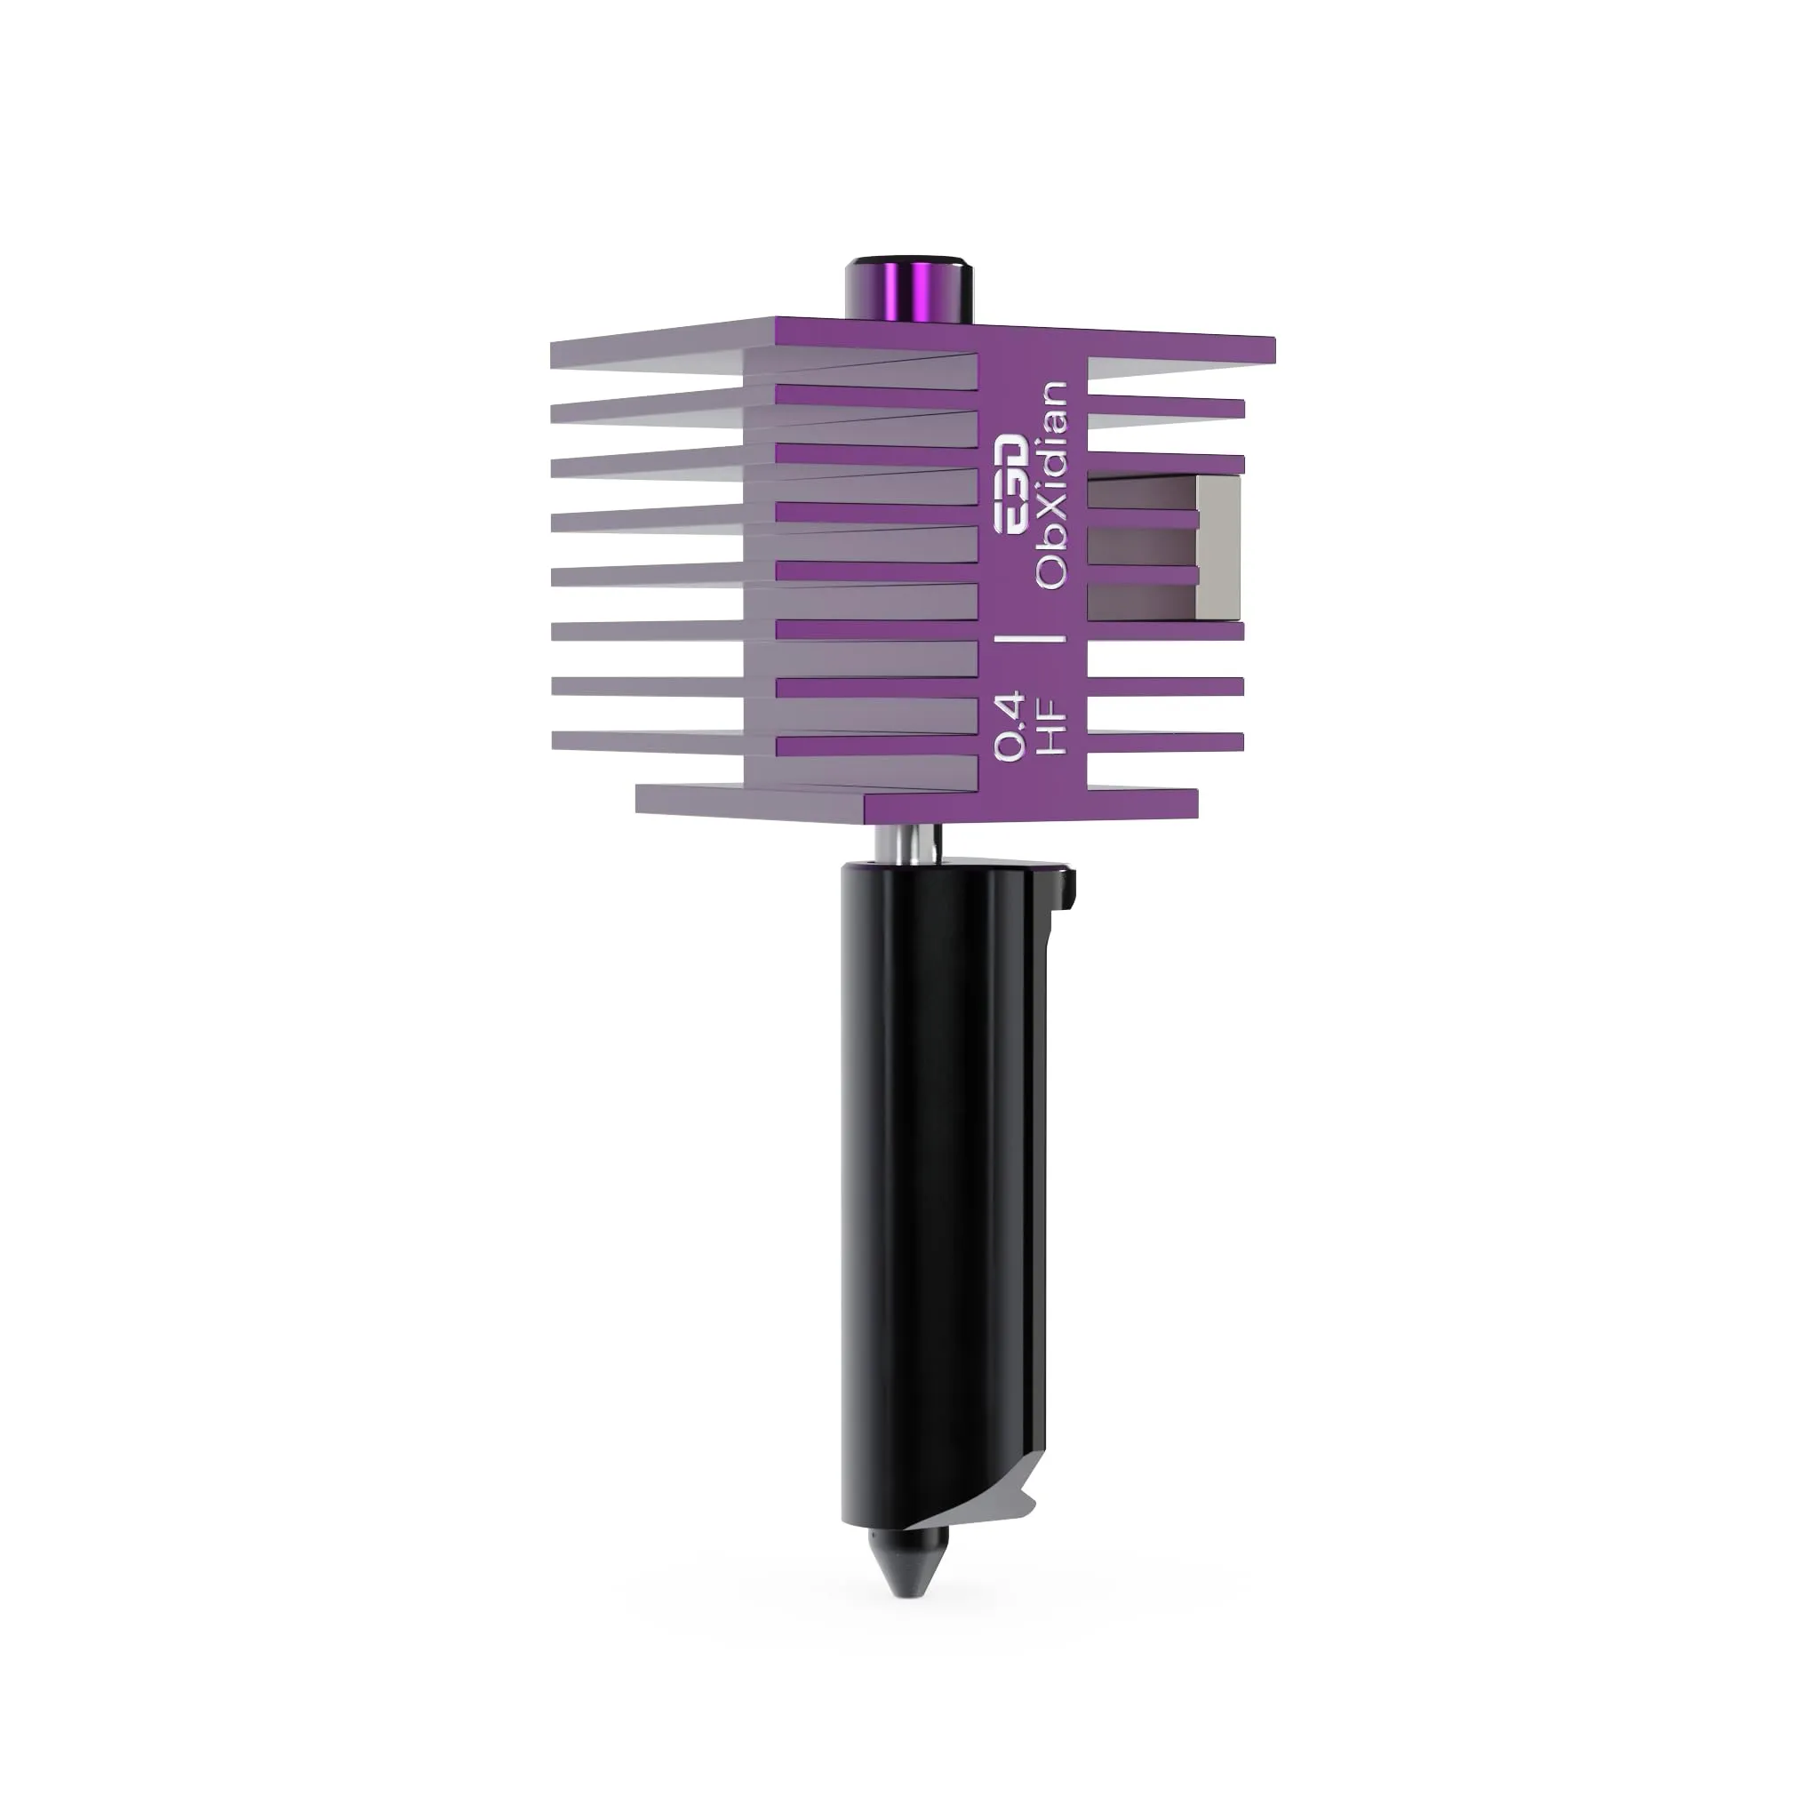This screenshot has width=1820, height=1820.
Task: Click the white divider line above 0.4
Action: [x=1031, y=638]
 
